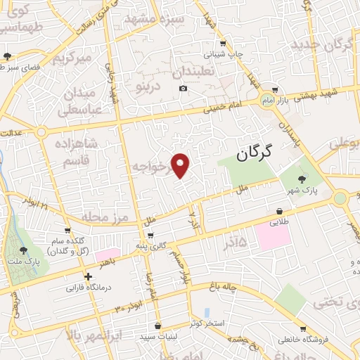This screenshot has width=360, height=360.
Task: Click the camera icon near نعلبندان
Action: [x=183, y=88]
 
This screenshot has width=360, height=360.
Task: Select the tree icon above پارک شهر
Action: [x=302, y=179]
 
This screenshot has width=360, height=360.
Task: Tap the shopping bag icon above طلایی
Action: [x=280, y=211]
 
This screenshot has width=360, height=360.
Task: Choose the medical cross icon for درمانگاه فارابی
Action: [x=88, y=277]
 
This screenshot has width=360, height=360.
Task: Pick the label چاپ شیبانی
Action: [x=223, y=53]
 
